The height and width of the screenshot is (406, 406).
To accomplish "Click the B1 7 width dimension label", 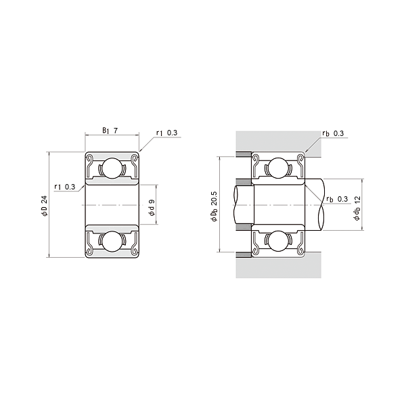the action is (x=110, y=131).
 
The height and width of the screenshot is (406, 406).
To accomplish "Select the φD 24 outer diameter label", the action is (x=45, y=206).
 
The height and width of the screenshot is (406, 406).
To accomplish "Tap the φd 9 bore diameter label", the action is (x=152, y=208).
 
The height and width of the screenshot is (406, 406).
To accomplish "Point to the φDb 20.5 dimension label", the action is (x=215, y=206).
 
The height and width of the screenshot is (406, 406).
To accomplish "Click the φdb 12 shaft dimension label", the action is (x=357, y=208).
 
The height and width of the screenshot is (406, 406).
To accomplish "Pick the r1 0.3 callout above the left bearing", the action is (x=166, y=133).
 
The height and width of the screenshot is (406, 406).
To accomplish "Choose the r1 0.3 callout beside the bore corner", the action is (x=65, y=187).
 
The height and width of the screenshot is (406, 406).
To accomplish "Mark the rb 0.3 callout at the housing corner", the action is (x=333, y=133).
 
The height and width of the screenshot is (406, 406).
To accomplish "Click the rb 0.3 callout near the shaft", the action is (x=337, y=199).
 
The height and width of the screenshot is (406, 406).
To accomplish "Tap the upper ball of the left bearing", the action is (x=112, y=168).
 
